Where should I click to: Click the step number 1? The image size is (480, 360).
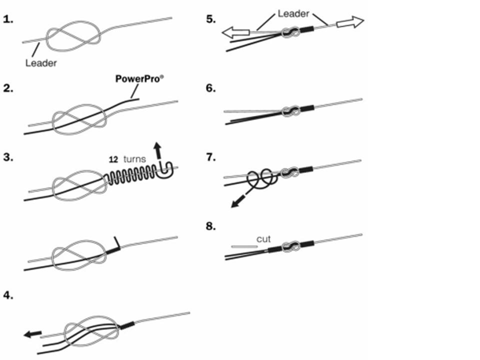8,20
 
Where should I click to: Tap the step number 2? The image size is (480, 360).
8,89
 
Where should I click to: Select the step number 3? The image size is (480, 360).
8,158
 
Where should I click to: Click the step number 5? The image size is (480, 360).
210,20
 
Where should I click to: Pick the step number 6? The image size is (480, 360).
210,89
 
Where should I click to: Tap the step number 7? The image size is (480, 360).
210,158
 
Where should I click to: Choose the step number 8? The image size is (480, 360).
210,227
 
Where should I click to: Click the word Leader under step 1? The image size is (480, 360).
40,63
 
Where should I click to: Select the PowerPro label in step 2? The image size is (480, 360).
135,79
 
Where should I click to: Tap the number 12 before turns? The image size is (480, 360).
113,159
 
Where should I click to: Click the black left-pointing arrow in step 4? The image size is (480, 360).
33,333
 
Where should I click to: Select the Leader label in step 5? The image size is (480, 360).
293,14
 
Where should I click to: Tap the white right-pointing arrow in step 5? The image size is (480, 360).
350,22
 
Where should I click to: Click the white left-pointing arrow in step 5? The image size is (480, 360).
235,32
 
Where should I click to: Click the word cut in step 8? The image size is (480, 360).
263,239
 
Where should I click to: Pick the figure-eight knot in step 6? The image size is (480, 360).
289,111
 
